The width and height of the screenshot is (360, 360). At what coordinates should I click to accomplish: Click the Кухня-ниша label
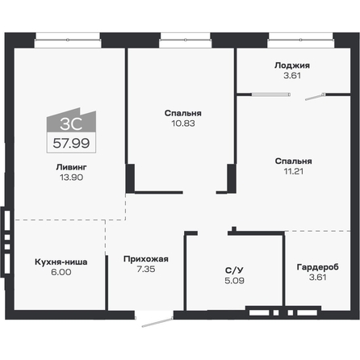pyautogui.click(x=61, y=262)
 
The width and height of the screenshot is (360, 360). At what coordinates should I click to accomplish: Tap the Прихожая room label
pyautogui.click(x=145, y=259)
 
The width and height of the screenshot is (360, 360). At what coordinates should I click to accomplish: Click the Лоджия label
pyautogui.click(x=292, y=65)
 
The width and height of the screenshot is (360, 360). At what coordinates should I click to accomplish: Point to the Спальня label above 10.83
pyautogui.click(x=182, y=113)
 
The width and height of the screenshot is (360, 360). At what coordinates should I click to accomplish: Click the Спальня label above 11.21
pyautogui.click(x=292, y=161)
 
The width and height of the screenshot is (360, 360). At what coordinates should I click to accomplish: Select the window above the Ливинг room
pyautogui.click(x=68, y=35)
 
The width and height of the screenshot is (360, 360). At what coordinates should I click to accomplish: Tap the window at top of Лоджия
pyautogui.click(x=300, y=35)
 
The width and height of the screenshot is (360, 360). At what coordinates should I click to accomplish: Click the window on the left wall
pyautogui.click(x=5, y=231)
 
